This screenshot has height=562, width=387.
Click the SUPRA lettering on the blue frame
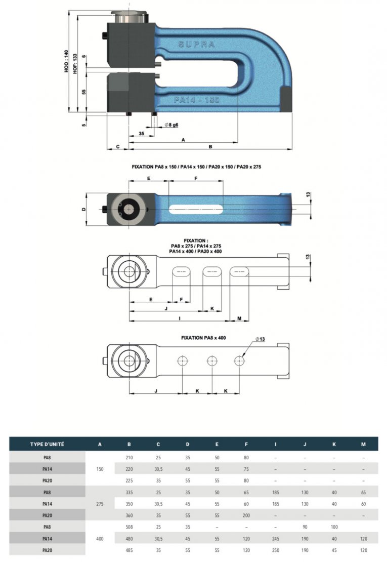[197, 45]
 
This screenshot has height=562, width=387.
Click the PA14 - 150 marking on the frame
[197, 100]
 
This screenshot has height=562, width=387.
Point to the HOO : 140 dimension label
[66, 61]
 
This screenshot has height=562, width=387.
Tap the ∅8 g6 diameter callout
[171, 125]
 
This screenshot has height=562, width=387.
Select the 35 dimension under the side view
[142, 133]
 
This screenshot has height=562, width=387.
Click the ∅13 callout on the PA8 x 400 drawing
[260, 339]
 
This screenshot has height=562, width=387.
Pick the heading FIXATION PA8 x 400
[203, 338]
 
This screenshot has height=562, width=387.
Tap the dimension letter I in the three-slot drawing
[180, 318]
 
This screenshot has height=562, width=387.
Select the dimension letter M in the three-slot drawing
[239, 318]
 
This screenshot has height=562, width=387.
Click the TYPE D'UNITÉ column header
[47, 444]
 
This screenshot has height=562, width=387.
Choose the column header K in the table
[334, 444]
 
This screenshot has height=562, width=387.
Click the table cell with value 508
[129, 527]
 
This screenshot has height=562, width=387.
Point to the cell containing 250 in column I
[275, 550]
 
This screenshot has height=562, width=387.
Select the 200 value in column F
[246, 515]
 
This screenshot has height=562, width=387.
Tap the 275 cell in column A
[100, 504]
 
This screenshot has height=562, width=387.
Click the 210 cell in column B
[129, 457]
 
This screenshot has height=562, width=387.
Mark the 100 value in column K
[334, 527]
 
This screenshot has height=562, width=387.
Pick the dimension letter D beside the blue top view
[83, 209]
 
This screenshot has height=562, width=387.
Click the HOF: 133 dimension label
[75, 64]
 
